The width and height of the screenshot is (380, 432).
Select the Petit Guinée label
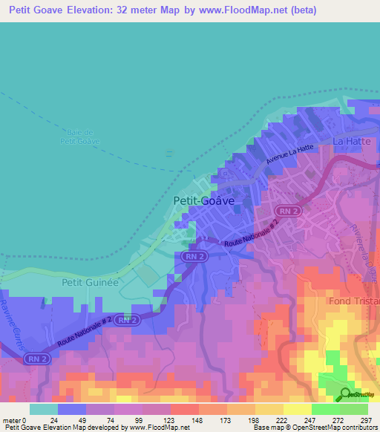tap(90, 283)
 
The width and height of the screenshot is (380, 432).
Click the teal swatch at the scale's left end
tap(43, 409)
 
